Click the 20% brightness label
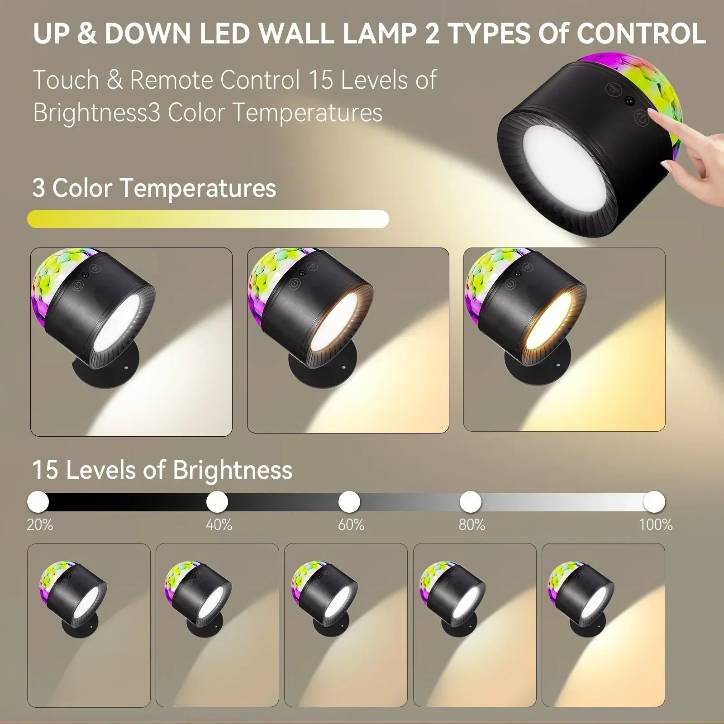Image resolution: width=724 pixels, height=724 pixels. pos(40,525)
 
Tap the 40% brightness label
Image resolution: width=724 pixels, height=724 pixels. pos(219,525)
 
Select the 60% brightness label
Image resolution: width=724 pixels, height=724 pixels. pos(351,525)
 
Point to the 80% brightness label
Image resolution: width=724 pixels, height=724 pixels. pos(472,525)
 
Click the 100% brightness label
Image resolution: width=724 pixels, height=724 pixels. pos(656,525)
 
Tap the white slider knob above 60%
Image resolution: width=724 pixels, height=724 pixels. pos(349,501)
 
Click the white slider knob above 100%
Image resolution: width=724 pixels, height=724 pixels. pos(654,501)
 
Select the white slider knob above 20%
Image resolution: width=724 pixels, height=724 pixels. pos(38,501)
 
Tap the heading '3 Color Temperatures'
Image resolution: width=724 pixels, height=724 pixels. pos(154,188)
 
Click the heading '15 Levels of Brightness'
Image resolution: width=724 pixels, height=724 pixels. pos(162,470)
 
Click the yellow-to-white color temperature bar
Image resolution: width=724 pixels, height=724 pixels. pos(208,219)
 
